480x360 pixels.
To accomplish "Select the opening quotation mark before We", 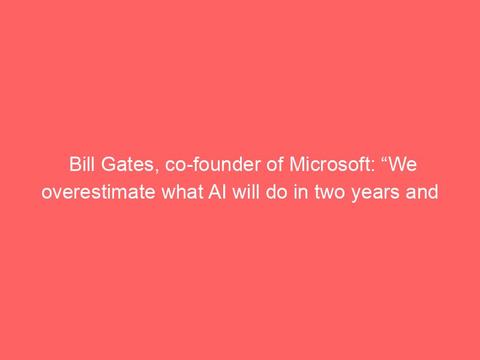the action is pyautogui.click(x=383, y=159).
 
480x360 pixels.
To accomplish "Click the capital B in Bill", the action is pyautogui.click(x=74, y=164).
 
